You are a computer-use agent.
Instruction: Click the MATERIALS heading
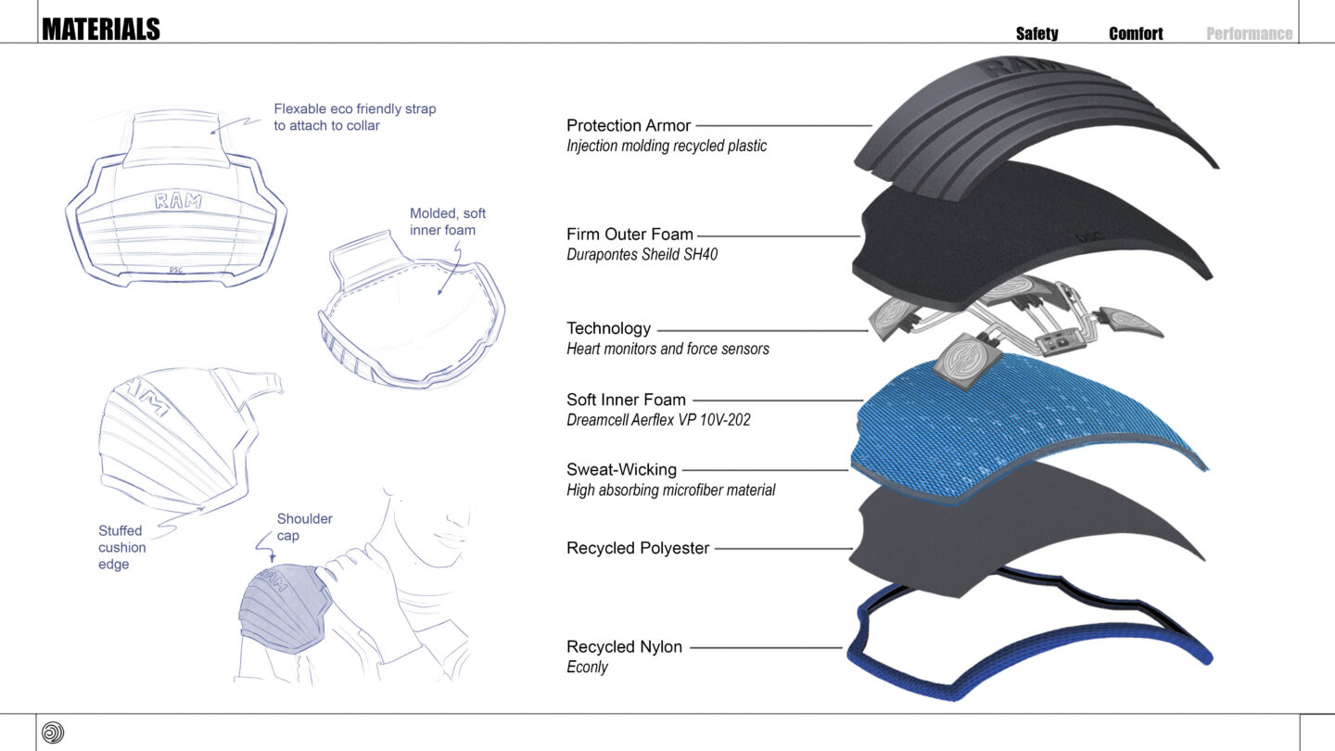coord(101,30)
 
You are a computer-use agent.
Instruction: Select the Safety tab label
coord(1036,33)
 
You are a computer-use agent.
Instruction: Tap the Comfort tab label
coord(1136,33)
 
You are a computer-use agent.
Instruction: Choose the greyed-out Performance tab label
coord(1249,33)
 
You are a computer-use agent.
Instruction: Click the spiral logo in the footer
coord(53,732)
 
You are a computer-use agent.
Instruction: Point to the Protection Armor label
coord(629,125)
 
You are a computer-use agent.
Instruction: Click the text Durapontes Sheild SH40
coord(642,254)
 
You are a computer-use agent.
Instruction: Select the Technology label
coord(608,328)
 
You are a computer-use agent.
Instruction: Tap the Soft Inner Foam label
coord(626,400)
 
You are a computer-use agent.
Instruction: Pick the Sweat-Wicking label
coord(621,469)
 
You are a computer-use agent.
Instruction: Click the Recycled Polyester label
coord(638,548)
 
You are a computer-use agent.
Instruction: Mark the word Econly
coord(587,668)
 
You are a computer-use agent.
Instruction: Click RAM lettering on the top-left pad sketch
coord(178,200)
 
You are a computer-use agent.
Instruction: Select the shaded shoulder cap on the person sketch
coord(278,607)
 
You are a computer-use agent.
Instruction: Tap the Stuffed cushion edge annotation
coord(122,547)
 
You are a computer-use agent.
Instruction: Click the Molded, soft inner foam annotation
coord(448,222)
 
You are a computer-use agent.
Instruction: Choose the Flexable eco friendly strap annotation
coord(354,117)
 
